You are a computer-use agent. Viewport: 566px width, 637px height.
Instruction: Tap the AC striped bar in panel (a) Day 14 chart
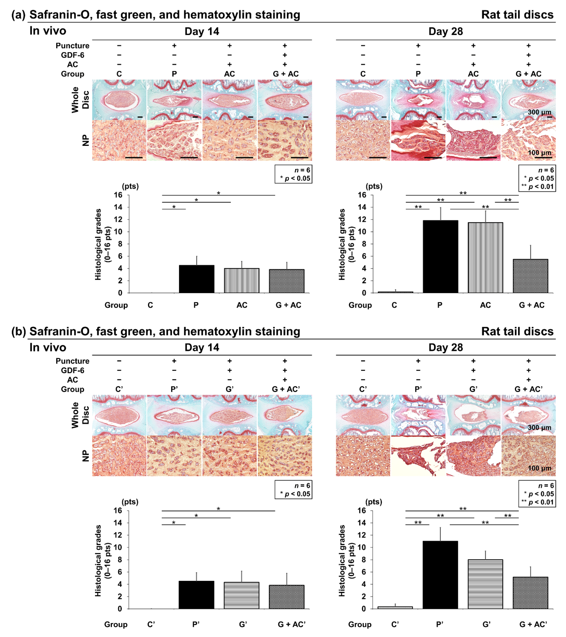241,281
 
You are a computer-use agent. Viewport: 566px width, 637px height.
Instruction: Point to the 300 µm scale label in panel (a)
539,112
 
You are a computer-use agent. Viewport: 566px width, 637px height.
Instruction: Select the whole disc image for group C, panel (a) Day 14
119,100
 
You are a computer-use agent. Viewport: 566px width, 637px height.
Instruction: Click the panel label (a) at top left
18,15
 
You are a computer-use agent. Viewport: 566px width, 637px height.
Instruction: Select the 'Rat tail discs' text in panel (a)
517,15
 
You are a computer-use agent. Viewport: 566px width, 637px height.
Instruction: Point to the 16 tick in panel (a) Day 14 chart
118,195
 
